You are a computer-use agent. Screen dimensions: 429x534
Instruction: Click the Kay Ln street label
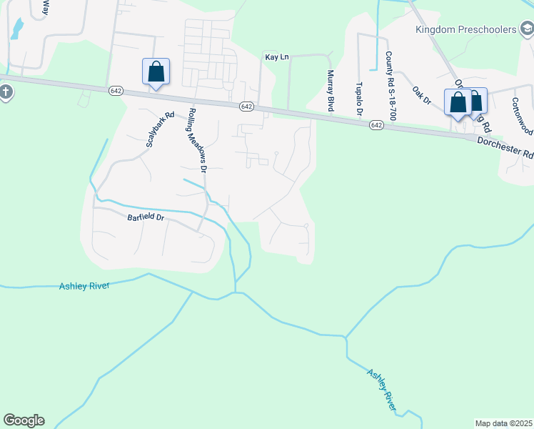pyautogui.click(x=277, y=56)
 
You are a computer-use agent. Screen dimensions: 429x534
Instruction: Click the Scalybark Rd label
pyautogui.click(x=160, y=129)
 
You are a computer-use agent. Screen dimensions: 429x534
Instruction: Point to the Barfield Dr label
pyautogui.click(x=146, y=217)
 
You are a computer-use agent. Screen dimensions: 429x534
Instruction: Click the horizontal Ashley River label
pyautogui.click(x=84, y=286)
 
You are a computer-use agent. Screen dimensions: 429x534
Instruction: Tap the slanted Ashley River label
pyautogui.click(x=382, y=389)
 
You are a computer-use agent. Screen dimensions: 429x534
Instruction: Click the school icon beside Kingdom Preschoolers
pyautogui.click(x=527, y=30)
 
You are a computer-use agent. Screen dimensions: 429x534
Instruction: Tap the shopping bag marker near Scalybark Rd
pyautogui.click(x=156, y=71)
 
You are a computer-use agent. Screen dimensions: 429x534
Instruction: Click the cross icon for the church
pyautogui.click(x=5, y=92)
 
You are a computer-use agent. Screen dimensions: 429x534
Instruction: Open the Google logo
pyautogui.click(x=24, y=420)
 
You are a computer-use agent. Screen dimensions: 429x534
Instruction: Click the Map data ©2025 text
pyautogui.click(x=503, y=423)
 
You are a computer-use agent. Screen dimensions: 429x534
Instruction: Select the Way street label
pyautogui.click(x=46, y=8)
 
